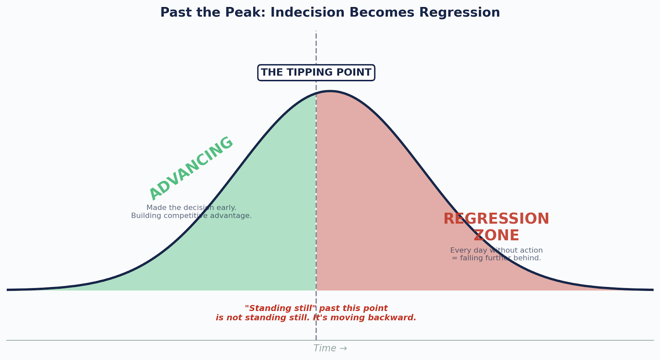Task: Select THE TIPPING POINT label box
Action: coord(316,73)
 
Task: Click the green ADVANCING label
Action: coord(191,168)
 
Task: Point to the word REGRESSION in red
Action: coord(496,219)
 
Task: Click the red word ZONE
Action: coord(496,236)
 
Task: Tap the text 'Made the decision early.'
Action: coord(191,208)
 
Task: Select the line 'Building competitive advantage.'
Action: coord(191,216)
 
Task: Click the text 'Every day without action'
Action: coord(496,250)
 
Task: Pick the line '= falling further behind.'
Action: coord(496,258)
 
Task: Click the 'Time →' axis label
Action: coord(330,348)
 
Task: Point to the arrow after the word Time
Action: coord(343,348)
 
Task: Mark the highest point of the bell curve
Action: coord(330,91)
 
